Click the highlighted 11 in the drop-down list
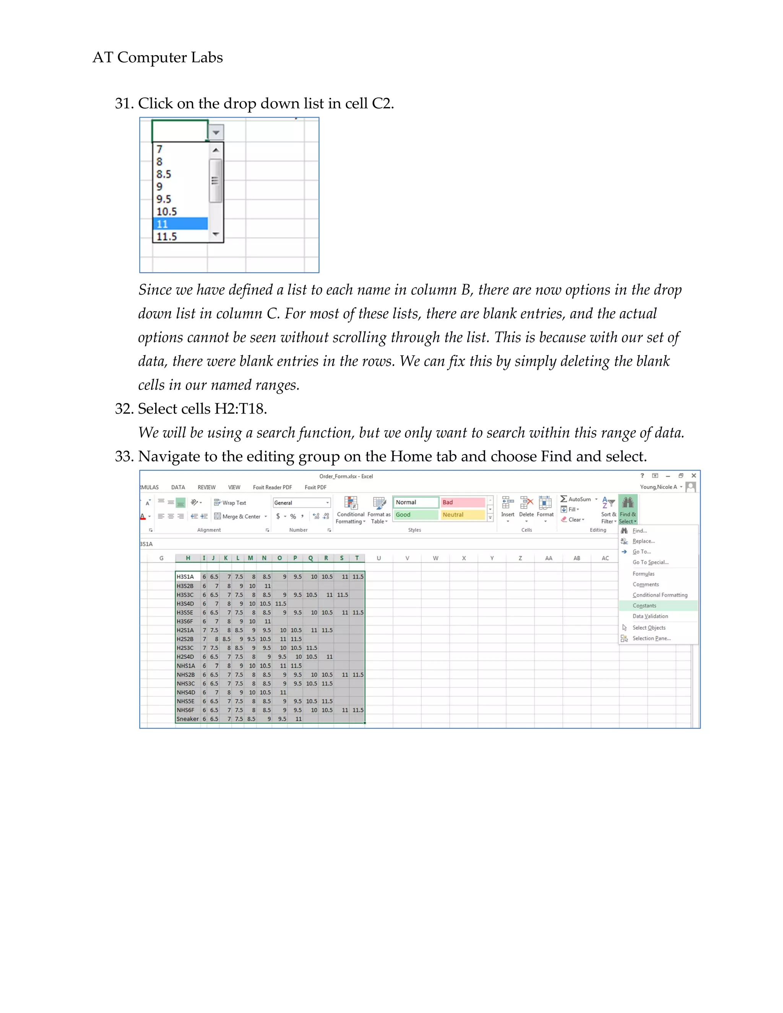180,224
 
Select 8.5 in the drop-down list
164,174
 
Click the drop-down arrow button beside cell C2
216,132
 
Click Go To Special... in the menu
650,562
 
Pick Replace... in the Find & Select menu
643,541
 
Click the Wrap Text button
230,503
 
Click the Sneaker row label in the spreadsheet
187,719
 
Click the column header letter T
357,558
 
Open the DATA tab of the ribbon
178,487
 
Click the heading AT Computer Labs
158,57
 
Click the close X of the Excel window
694,476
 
